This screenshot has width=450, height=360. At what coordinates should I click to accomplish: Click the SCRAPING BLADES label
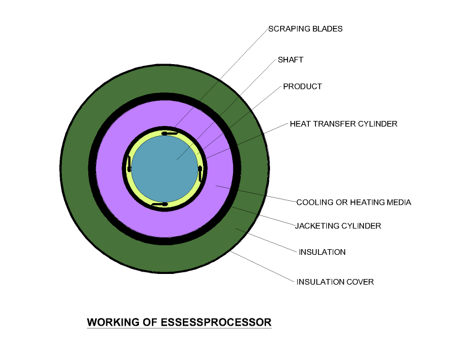pyautogui.click(x=305, y=29)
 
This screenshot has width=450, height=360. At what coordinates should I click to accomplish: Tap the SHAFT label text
pyautogui.click(x=290, y=60)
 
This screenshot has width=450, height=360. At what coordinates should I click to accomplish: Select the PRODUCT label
pyautogui.click(x=303, y=87)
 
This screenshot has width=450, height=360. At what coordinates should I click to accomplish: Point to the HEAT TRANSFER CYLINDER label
pyautogui.click(x=344, y=124)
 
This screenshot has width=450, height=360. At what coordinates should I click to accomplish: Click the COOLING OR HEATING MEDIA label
pyautogui.click(x=354, y=202)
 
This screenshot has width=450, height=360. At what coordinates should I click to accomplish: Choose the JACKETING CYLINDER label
pyautogui.click(x=338, y=226)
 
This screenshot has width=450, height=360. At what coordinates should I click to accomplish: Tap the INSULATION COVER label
pyautogui.click(x=335, y=282)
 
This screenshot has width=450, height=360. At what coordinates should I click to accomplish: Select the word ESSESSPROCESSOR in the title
pyautogui.click(x=216, y=322)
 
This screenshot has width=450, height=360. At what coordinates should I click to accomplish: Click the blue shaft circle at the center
pyautogui.click(x=165, y=169)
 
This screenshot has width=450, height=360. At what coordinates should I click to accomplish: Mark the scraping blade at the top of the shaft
pyautogui.click(x=169, y=133)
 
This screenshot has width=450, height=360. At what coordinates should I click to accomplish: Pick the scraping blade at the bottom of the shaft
pyautogui.click(x=160, y=204)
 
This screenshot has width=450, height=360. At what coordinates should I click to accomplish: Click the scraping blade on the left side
pyautogui.click(x=129, y=164)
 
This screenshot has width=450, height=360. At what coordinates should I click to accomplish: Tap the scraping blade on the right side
pyautogui.click(x=200, y=173)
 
